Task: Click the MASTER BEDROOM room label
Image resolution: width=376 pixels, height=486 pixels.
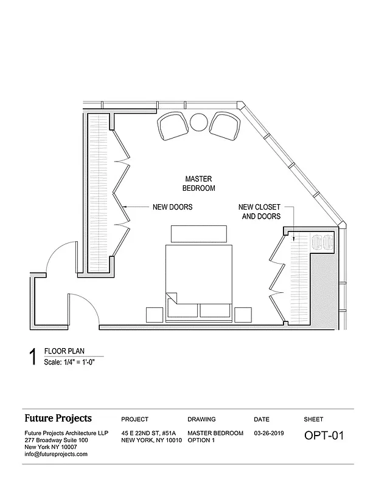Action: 198,183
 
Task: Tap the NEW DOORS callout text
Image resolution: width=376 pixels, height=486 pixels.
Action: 172,207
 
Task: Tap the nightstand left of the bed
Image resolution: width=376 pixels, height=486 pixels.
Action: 154,314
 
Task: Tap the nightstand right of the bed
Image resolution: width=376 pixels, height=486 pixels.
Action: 243,314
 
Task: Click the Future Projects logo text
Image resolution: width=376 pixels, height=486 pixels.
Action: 58,418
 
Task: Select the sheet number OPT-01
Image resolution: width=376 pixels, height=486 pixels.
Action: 324,436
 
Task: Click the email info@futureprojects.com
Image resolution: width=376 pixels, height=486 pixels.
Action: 56,454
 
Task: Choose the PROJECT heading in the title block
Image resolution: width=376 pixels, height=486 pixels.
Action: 135,419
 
